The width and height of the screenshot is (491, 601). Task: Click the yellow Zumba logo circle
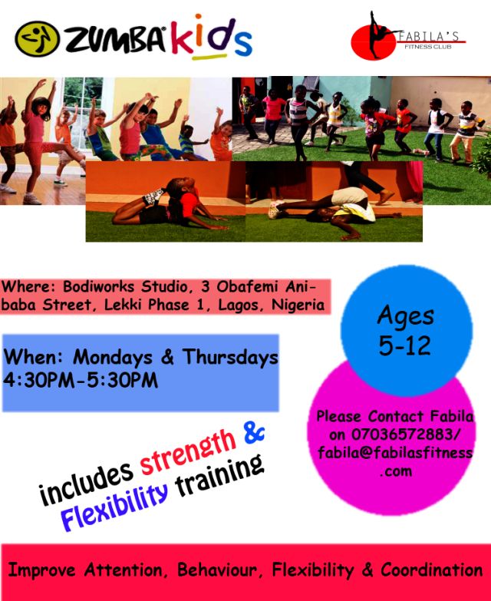[37, 38]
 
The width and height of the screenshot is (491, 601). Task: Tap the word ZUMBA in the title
[115, 39]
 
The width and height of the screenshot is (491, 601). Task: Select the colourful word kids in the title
[212, 37]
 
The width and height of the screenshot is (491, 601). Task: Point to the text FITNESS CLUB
[428, 47]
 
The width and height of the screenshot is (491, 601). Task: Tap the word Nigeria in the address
[298, 305]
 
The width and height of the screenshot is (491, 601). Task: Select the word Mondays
[113, 357]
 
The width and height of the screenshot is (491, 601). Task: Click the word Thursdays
[230, 357]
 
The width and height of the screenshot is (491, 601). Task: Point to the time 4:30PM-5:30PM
[81, 381]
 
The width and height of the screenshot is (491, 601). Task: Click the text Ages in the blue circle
[406, 316]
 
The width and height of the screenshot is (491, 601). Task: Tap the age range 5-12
[405, 345]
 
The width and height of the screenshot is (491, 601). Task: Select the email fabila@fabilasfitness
[395, 453]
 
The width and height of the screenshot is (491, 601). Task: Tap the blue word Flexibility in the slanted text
[114, 506]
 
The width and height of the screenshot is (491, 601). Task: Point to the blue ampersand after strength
[254, 434]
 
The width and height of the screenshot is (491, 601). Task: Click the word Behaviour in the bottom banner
[217, 570]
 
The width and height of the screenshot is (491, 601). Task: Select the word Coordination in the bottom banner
[432, 570]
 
